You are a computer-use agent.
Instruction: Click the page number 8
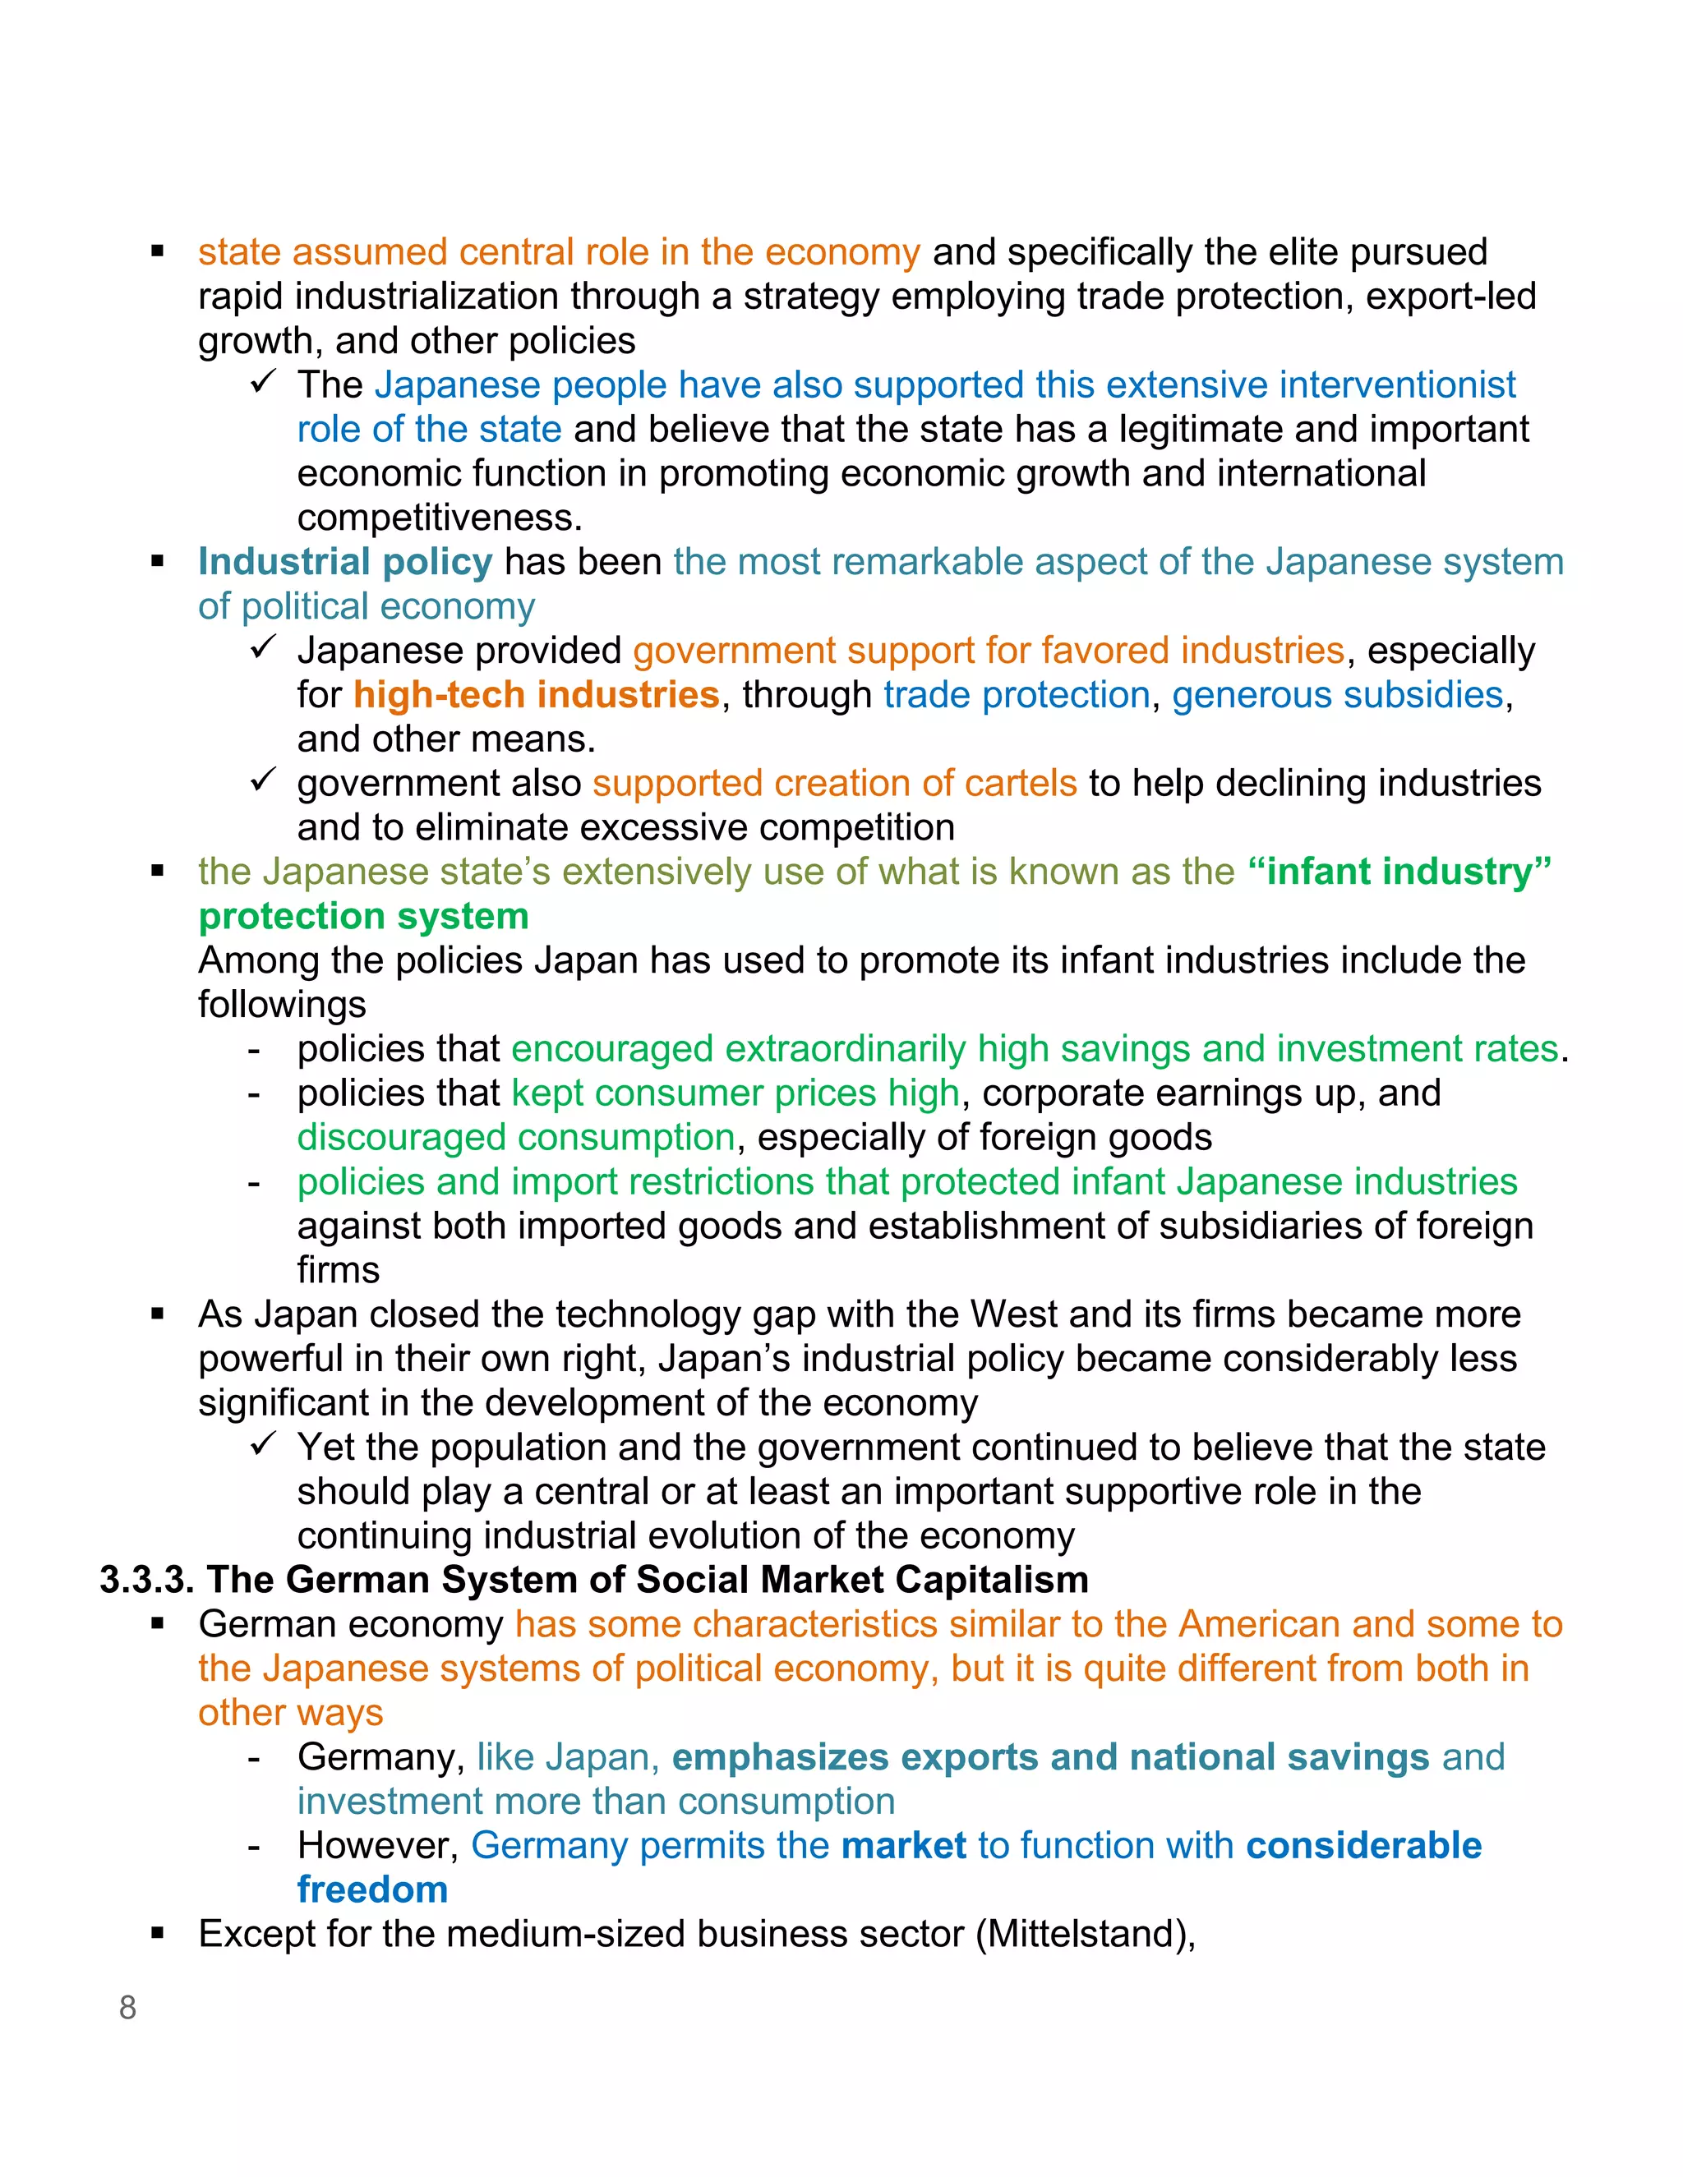click(127, 2008)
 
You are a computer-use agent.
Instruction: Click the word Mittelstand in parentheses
click(1085, 1934)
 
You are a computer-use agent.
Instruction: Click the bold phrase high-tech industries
click(537, 695)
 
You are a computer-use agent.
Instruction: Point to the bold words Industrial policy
click(345, 562)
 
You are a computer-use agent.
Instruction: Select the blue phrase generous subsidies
click(1337, 695)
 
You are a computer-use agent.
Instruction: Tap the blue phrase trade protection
click(1017, 695)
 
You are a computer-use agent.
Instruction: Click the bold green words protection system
click(364, 916)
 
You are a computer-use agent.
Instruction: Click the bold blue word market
click(903, 1845)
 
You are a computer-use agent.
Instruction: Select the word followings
click(282, 1005)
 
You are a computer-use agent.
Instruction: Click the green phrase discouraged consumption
click(515, 1137)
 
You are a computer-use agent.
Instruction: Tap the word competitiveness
click(439, 518)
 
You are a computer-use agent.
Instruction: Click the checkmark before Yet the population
click(262, 1443)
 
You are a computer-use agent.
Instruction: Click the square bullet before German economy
click(158, 1625)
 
